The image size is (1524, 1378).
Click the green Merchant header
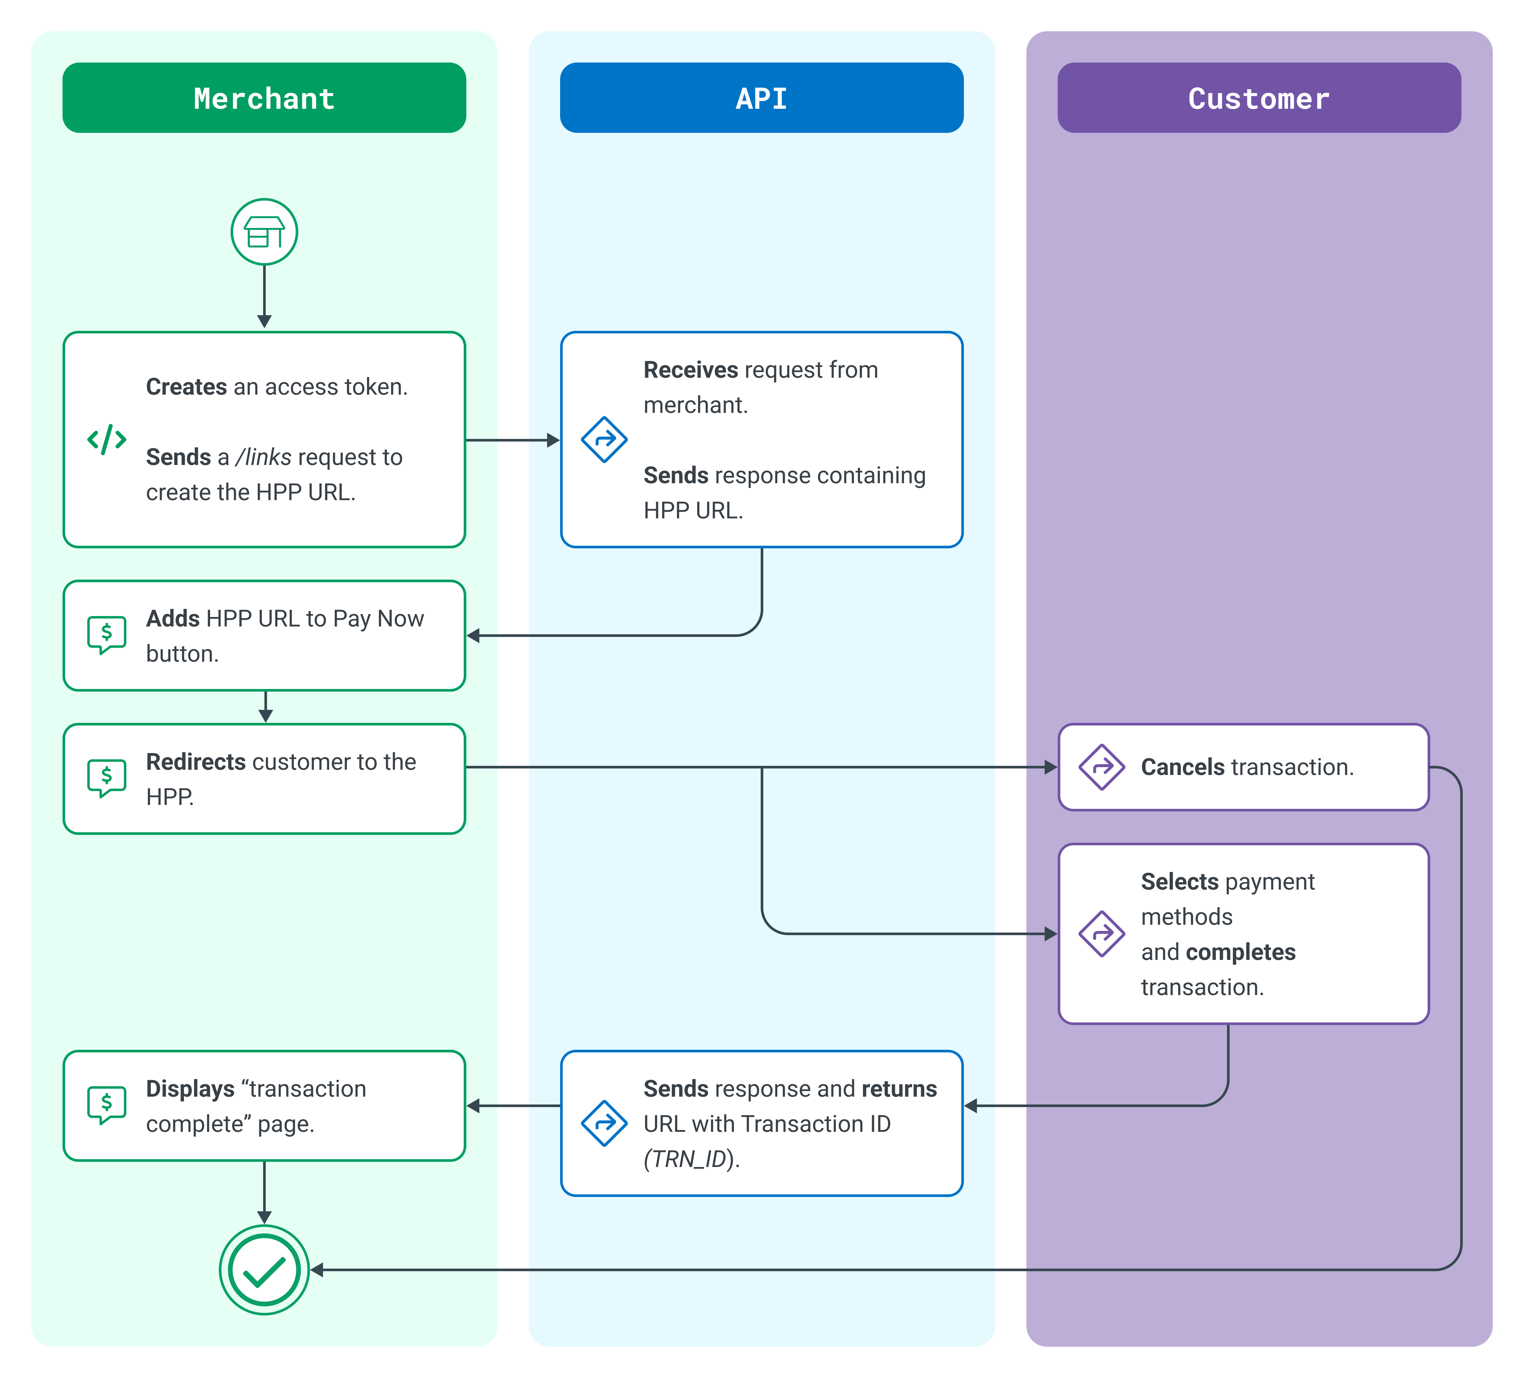264,97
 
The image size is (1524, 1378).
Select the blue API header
761,97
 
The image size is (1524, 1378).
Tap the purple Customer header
1259,97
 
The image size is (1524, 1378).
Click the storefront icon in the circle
264,231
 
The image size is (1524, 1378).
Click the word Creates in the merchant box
186,387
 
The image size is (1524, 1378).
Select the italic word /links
263,457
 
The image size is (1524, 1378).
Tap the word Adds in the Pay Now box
172,618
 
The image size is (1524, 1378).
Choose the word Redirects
196,762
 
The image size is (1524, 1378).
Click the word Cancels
1182,767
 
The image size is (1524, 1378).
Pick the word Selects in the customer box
1179,882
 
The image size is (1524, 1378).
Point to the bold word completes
1240,952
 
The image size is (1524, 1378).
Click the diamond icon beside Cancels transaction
1101,767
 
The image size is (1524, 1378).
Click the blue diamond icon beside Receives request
604,439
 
